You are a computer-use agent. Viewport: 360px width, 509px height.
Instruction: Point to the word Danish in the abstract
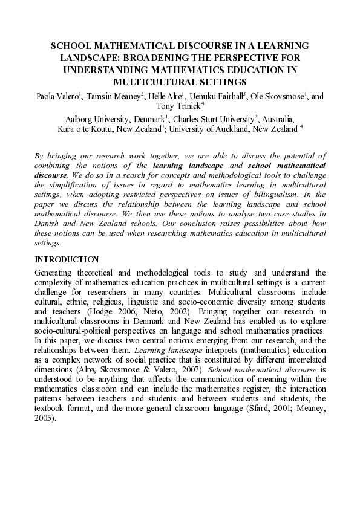point(50,223)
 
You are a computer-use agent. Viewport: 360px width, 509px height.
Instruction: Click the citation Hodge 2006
point(100,311)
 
